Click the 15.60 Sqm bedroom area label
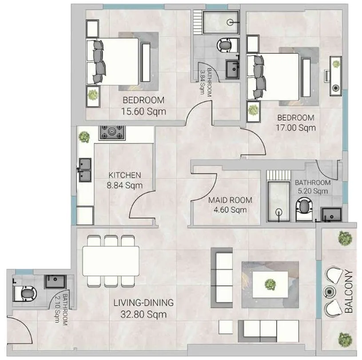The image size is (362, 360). [143, 111]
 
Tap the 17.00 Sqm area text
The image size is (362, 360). [296, 128]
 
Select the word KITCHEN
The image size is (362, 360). [125, 175]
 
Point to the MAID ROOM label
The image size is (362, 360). [230, 200]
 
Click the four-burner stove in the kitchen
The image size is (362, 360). [112, 132]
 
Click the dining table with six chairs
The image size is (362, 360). [111, 261]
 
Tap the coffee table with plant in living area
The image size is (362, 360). [269, 283]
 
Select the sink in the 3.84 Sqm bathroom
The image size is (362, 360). [233, 68]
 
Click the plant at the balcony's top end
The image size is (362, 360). [345, 238]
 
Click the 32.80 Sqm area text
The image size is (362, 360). [143, 315]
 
